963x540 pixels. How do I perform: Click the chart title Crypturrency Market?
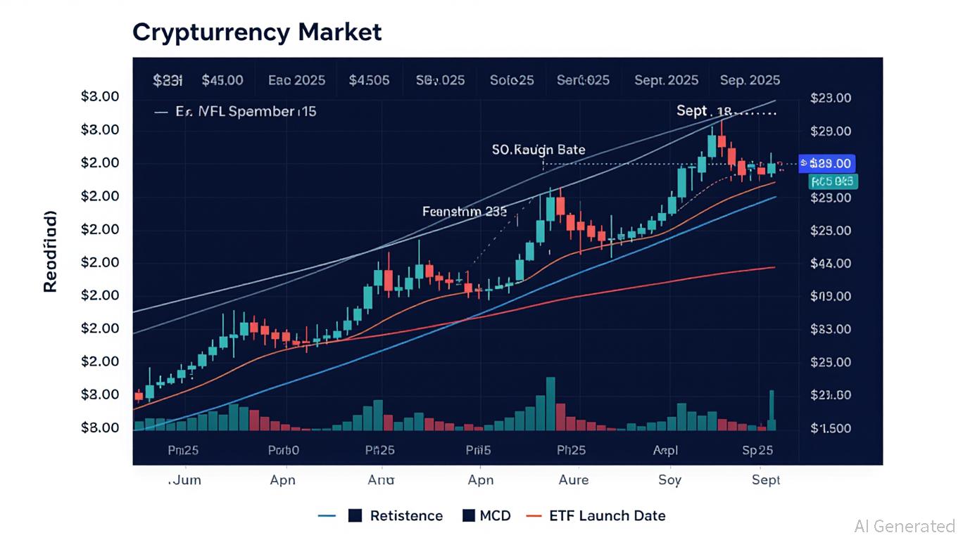click(x=257, y=32)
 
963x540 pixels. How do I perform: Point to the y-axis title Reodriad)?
click(x=51, y=251)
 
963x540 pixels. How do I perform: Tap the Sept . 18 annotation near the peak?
click(x=704, y=111)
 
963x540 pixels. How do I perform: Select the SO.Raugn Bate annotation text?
click(x=539, y=150)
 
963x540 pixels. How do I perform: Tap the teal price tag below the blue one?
click(x=833, y=182)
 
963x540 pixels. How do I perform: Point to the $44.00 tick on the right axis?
click(x=831, y=264)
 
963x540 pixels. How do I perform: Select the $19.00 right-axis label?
click(x=831, y=297)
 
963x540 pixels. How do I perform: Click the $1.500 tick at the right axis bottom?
click(x=831, y=428)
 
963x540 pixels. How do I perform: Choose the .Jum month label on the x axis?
click(x=184, y=480)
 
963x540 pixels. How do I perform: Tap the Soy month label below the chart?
click(x=669, y=480)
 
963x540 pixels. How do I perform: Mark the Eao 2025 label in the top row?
click(x=296, y=80)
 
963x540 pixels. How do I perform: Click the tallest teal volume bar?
click(x=550, y=404)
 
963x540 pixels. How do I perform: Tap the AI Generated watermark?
click(x=904, y=526)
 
